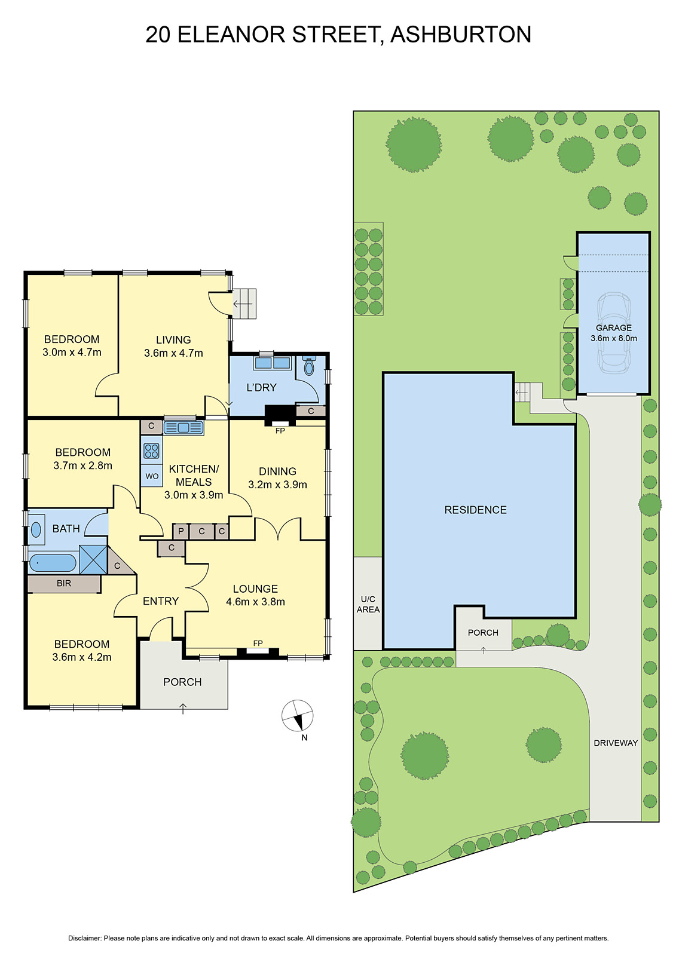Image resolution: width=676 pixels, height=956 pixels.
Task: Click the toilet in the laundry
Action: point(309,366)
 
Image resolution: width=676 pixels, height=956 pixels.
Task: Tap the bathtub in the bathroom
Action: point(53,563)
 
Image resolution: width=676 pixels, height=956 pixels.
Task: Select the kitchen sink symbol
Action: point(183,427)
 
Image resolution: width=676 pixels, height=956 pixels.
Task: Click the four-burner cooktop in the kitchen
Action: point(151,450)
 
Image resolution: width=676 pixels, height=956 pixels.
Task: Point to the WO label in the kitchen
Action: point(152,476)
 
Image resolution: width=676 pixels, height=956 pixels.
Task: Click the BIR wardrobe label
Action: point(64,583)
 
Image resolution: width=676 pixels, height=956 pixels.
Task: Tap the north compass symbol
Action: point(298,716)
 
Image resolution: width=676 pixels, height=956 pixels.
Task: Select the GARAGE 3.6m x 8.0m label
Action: point(614,333)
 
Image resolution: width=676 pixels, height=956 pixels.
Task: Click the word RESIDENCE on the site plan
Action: point(475,510)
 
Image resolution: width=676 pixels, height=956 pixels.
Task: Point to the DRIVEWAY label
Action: point(616,743)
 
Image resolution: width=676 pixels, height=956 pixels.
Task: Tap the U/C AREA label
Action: point(368,604)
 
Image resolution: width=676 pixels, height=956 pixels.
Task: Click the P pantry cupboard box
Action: point(181,531)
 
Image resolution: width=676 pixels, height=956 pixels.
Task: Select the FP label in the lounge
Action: point(258,643)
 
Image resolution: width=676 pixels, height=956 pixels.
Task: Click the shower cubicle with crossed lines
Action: point(93,559)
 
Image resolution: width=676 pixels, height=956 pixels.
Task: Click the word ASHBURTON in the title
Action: point(460,34)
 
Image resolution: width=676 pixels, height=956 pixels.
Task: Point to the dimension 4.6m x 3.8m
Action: point(255,602)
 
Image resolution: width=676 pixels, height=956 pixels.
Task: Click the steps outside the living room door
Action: point(244,304)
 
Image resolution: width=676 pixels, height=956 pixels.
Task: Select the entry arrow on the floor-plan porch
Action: point(183,709)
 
